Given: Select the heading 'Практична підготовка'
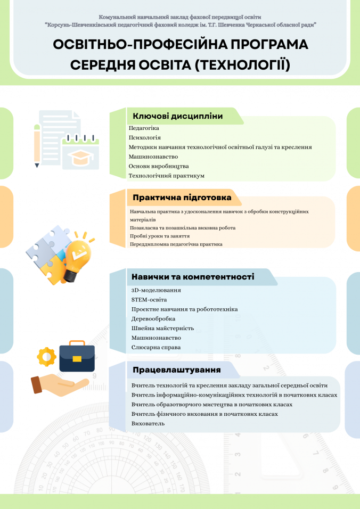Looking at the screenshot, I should [x=182, y=198].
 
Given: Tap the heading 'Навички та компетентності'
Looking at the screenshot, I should [x=193, y=277].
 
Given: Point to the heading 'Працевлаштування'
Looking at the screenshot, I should [x=176, y=370].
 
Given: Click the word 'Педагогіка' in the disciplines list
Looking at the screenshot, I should [x=144, y=128].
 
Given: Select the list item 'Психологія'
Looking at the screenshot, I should [x=144, y=137].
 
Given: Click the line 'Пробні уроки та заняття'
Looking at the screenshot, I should [x=160, y=236].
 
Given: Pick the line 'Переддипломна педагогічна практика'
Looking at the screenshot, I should [x=176, y=244].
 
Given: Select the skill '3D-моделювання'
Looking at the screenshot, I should [x=156, y=290].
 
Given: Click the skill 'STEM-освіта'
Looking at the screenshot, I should [x=149, y=300].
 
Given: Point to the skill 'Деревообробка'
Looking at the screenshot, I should [x=153, y=319].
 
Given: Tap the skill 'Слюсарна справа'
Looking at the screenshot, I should [x=156, y=348].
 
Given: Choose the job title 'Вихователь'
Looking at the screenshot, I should [x=148, y=423].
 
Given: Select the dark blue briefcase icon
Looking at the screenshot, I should [x=77, y=357].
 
